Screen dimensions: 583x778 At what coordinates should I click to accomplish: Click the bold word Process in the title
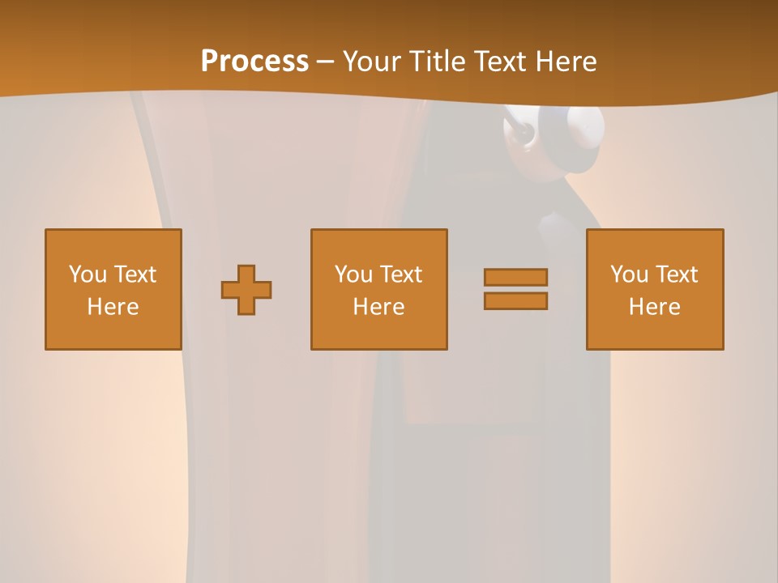[254, 62]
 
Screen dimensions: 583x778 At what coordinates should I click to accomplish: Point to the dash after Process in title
[326, 62]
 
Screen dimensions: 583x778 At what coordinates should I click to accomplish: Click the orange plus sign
[246, 290]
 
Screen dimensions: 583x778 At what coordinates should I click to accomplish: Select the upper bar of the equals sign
[515, 277]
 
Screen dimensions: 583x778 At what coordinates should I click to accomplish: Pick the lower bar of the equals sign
[515, 300]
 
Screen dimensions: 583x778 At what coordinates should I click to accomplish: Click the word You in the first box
[88, 274]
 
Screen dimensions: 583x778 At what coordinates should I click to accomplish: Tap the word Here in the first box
[113, 307]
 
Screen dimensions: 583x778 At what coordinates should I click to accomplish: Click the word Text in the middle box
[400, 274]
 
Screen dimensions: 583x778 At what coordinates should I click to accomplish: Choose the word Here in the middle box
[378, 307]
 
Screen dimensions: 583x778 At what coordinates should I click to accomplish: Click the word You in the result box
[629, 274]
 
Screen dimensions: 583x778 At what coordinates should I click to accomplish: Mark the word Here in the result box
[654, 307]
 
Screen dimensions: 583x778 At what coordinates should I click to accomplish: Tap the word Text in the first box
[135, 274]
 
